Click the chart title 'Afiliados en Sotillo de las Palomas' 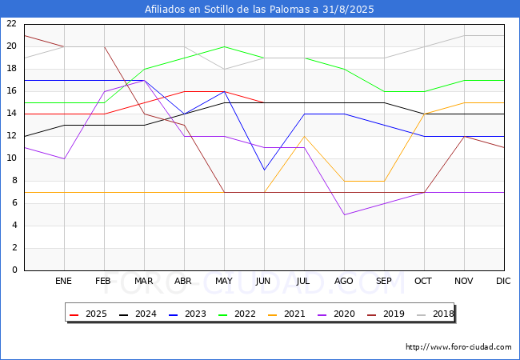point(227,10)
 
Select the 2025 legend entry point(88,314)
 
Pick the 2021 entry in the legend point(286,314)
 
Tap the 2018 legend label point(435,314)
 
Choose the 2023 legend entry point(187,314)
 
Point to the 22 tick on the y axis point(12,23)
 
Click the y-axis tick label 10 point(12,158)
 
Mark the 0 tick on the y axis point(14,270)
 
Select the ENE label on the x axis point(63,281)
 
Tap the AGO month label point(343,281)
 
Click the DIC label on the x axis point(503,281)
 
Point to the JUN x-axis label point(263,281)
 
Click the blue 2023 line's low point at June point(264,170)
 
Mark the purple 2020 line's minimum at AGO point(345,215)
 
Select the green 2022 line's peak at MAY point(225,46)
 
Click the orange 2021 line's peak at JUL point(305,136)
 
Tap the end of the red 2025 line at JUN point(264,102)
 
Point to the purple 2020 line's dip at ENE point(64,158)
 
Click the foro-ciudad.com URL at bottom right point(458,347)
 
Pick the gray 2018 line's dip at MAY point(225,69)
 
